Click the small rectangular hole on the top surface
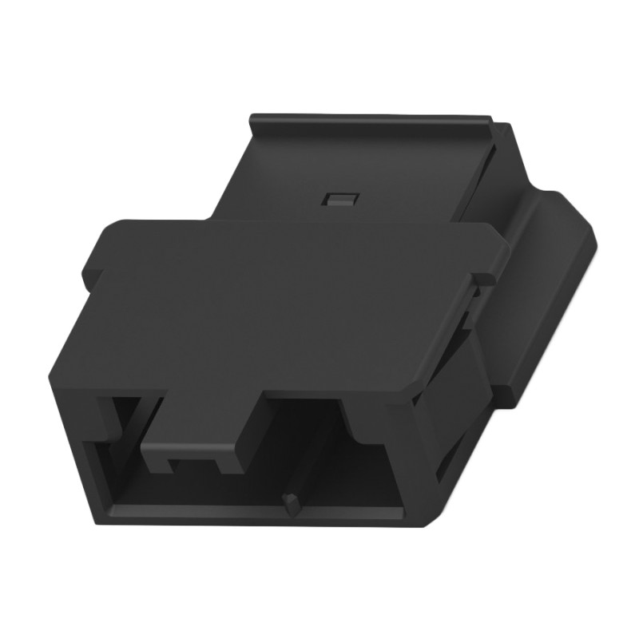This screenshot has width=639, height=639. coord(339,198)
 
